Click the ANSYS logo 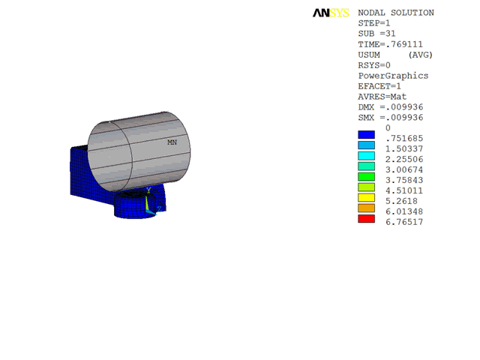331,13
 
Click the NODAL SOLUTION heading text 396,13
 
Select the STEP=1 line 374,23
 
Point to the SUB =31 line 376,34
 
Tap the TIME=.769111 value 390,44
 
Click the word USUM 369,55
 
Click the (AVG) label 420,55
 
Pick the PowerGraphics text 393,76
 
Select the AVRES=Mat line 382,97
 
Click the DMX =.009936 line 391,107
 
